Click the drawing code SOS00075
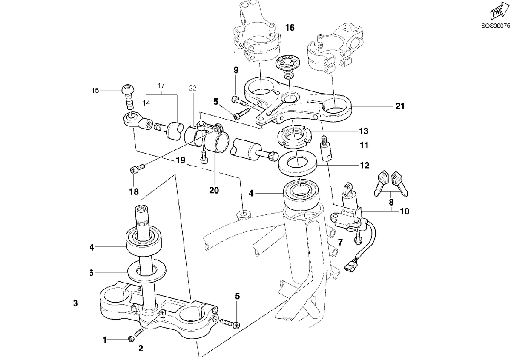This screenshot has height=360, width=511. click(496, 26)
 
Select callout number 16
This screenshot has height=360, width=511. click(290, 28)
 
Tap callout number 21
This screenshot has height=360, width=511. click(400, 106)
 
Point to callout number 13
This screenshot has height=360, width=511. click(364, 131)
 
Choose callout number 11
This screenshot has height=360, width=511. click(365, 145)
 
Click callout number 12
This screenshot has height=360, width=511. click(365, 165)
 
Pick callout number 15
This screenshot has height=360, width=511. click(95, 91)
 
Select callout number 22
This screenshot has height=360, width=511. click(193, 88)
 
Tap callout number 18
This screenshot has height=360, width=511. click(134, 192)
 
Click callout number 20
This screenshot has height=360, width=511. click(214, 190)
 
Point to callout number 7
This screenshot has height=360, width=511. click(340, 243)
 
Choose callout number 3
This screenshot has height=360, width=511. click(75, 303)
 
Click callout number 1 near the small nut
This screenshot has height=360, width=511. click(105, 340)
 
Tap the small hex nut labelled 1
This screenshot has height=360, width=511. click(132, 340)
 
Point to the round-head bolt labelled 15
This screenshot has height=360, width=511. click(129, 97)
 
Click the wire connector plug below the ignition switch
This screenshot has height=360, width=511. click(349, 267)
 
